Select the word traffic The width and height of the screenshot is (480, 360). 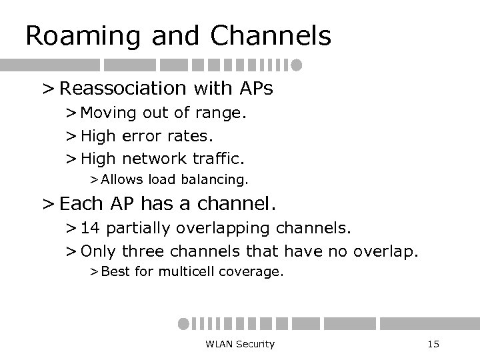pyautogui.click(x=221, y=159)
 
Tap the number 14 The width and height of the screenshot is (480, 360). pyautogui.click(x=92, y=229)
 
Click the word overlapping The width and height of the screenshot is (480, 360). pyautogui.click(x=217, y=229)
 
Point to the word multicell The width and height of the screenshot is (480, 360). pyautogui.click(x=186, y=271)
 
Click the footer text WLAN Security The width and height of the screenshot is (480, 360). pyautogui.click(x=240, y=344)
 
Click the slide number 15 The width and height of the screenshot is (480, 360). pyautogui.click(x=433, y=344)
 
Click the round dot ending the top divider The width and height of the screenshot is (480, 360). pyautogui.click(x=297, y=65)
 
